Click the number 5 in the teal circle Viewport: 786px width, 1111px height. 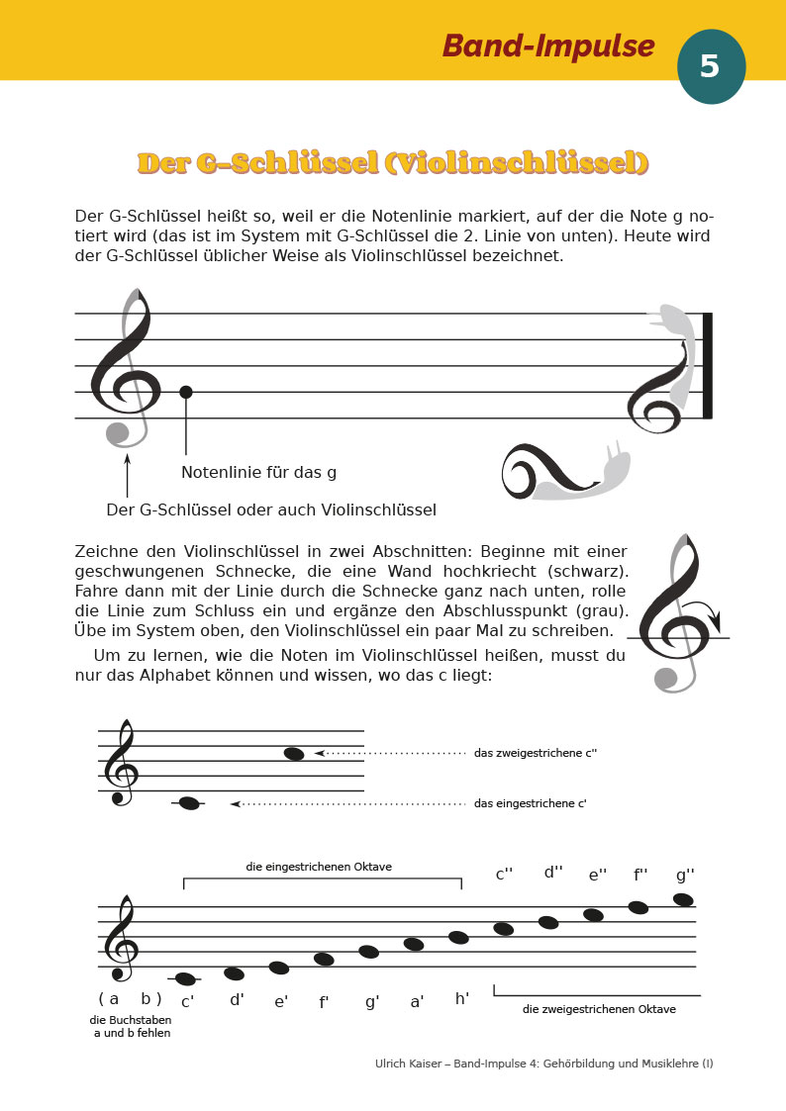point(710,66)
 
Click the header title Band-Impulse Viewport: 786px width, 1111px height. point(547,46)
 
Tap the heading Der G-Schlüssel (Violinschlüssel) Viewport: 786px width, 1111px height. point(393,162)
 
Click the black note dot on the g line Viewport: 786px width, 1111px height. point(185,392)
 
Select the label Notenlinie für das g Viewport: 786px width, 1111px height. point(258,473)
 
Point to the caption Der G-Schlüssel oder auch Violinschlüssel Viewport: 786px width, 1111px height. point(271,510)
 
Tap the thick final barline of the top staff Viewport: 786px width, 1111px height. point(707,365)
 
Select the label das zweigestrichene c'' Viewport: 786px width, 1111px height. point(536,753)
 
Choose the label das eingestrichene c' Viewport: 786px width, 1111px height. point(531,803)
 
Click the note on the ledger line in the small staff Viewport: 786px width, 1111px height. point(188,803)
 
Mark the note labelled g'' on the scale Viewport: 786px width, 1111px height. point(683,899)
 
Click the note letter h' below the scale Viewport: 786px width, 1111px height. point(462,999)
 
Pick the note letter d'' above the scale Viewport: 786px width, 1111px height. point(553,873)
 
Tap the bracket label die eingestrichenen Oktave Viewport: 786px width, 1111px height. point(319,867)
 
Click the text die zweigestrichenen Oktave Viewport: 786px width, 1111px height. point(599,1009)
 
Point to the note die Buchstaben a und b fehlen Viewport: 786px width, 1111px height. point(130,1027)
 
